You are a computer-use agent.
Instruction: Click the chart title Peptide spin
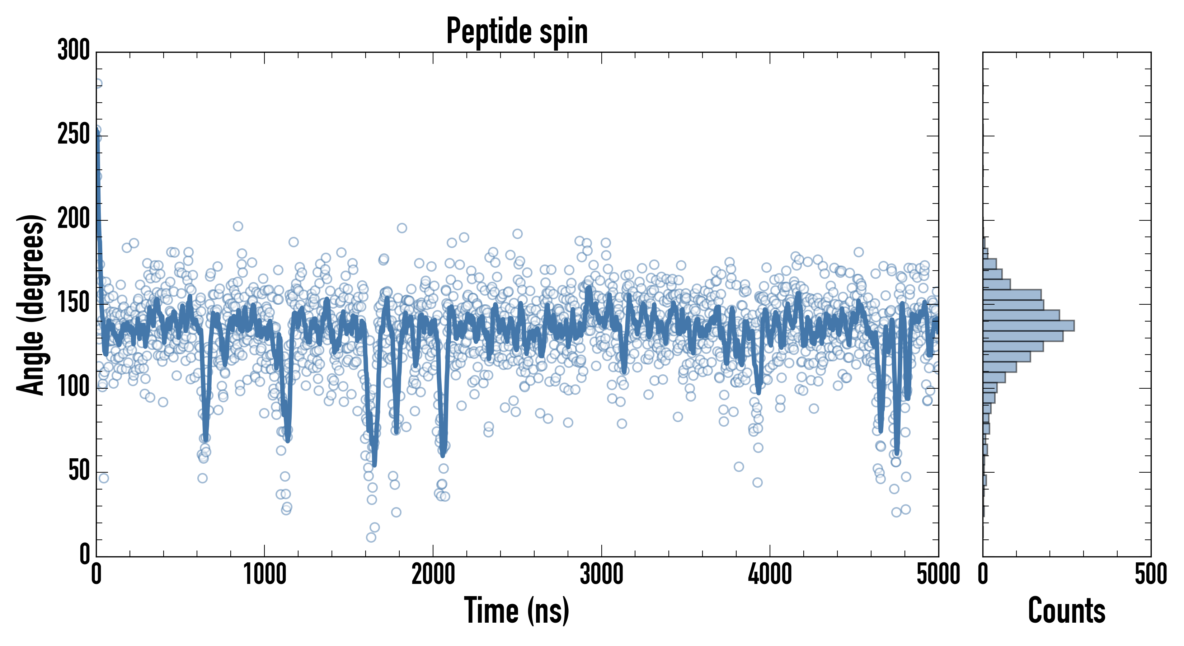(x=517, y=31)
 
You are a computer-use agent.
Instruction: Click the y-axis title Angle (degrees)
(x=31, y=304)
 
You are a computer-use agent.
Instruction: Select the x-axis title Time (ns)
(x=517, y=610)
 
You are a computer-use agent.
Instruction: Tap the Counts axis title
(x=1066, y=610)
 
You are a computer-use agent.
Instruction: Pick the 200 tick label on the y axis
(x=74, y=219)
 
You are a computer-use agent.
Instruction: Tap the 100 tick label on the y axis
(x=74, y=387)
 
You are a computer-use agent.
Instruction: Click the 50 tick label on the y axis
(x=79, y=471)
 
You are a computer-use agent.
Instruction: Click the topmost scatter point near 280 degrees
(x=98, y=84)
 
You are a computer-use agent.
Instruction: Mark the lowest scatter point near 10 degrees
(x=371, y=537)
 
